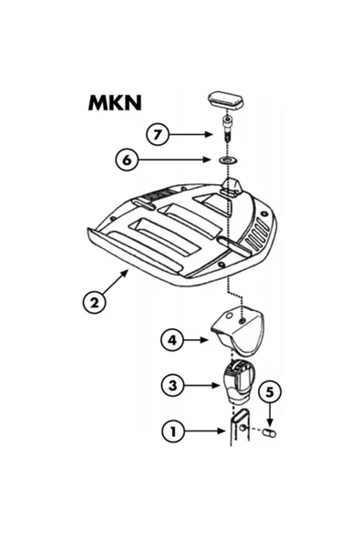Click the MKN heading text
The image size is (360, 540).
[115, 103]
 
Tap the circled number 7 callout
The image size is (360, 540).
[158, 134]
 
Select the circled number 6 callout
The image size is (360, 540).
[127, 160]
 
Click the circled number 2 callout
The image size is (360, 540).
[94, 302]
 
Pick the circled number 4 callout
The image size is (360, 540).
[172, 340]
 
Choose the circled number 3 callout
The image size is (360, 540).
[173, 385]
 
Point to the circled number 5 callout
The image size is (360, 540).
[270, 392]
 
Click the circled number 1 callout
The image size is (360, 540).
[173, 431]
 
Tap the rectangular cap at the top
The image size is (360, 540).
[226, 99]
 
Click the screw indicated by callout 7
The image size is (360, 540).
[227, 130]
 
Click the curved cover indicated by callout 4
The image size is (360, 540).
[238, 330]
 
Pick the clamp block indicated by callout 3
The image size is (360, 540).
[238, 382]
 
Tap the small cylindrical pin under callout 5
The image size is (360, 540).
[270, 433]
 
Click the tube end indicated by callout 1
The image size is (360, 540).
[240, 427]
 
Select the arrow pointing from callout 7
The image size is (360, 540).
[190, 134]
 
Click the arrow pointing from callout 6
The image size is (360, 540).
[174, 160]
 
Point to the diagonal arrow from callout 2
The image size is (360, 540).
[115, 283]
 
